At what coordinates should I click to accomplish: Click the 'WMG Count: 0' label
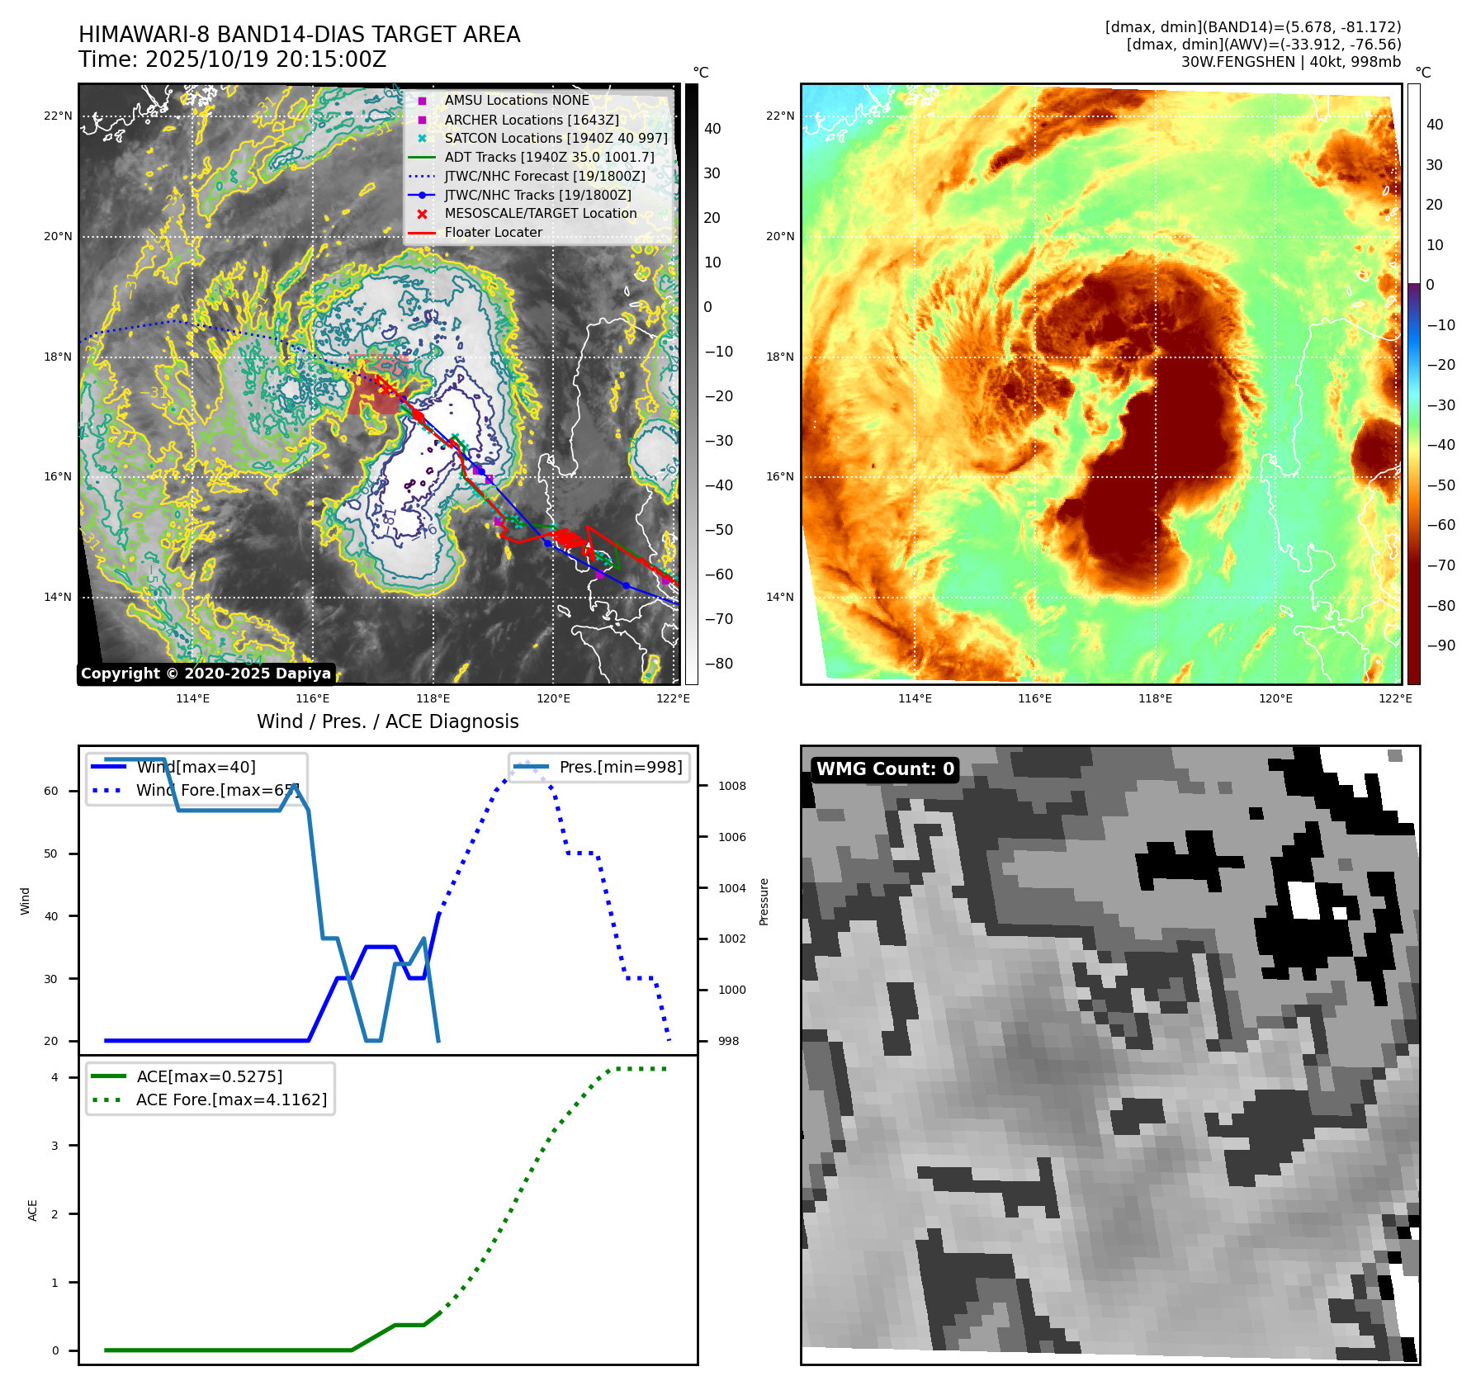coord(885,769)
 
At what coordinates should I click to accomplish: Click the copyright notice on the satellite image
coord(206,674)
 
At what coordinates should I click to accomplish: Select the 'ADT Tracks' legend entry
coord(549,157)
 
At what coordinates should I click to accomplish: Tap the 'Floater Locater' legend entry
coord(493,233)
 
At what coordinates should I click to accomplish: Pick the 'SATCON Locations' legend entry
coord(556,139)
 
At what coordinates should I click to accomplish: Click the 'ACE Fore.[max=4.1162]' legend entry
coord(231,1099)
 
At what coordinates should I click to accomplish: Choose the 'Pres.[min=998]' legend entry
coord(620,767)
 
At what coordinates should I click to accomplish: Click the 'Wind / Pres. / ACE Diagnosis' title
coord(388,721)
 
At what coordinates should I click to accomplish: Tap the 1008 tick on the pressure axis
coord(731,786)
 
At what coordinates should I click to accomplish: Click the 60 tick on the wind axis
coord(51,791)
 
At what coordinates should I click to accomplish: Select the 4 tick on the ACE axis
coord(55,1077)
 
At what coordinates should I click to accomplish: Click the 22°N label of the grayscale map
coord(58,116)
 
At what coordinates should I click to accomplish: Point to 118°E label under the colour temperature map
coord(1155,698)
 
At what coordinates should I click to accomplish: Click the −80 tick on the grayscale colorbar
coord(718,664)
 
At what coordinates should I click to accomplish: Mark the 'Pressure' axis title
coord(764,901)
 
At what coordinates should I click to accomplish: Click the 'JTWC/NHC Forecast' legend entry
coord(544,177)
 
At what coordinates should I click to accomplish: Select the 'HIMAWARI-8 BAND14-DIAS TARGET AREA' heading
coord(299,35)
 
